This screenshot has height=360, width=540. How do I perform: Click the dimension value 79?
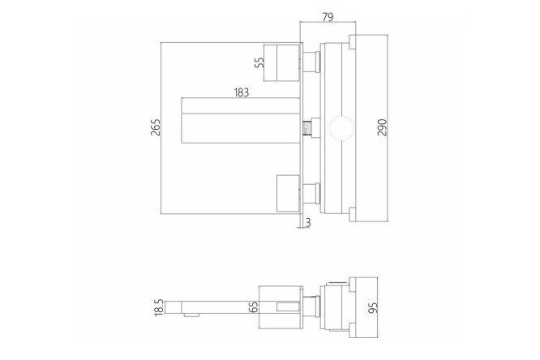click(328, 16)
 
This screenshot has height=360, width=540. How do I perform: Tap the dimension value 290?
click(382, 127)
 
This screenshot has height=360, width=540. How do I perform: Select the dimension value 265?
click(156, 127)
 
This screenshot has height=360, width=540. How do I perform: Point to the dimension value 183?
click(241, 92)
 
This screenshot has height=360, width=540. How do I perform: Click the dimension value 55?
click(260, 62)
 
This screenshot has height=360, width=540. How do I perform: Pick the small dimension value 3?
click(308, 222)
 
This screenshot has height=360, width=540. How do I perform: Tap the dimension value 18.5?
click(159, 307)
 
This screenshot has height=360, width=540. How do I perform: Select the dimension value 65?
click(254, 307)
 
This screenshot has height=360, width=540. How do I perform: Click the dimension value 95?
click(373, 307)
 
